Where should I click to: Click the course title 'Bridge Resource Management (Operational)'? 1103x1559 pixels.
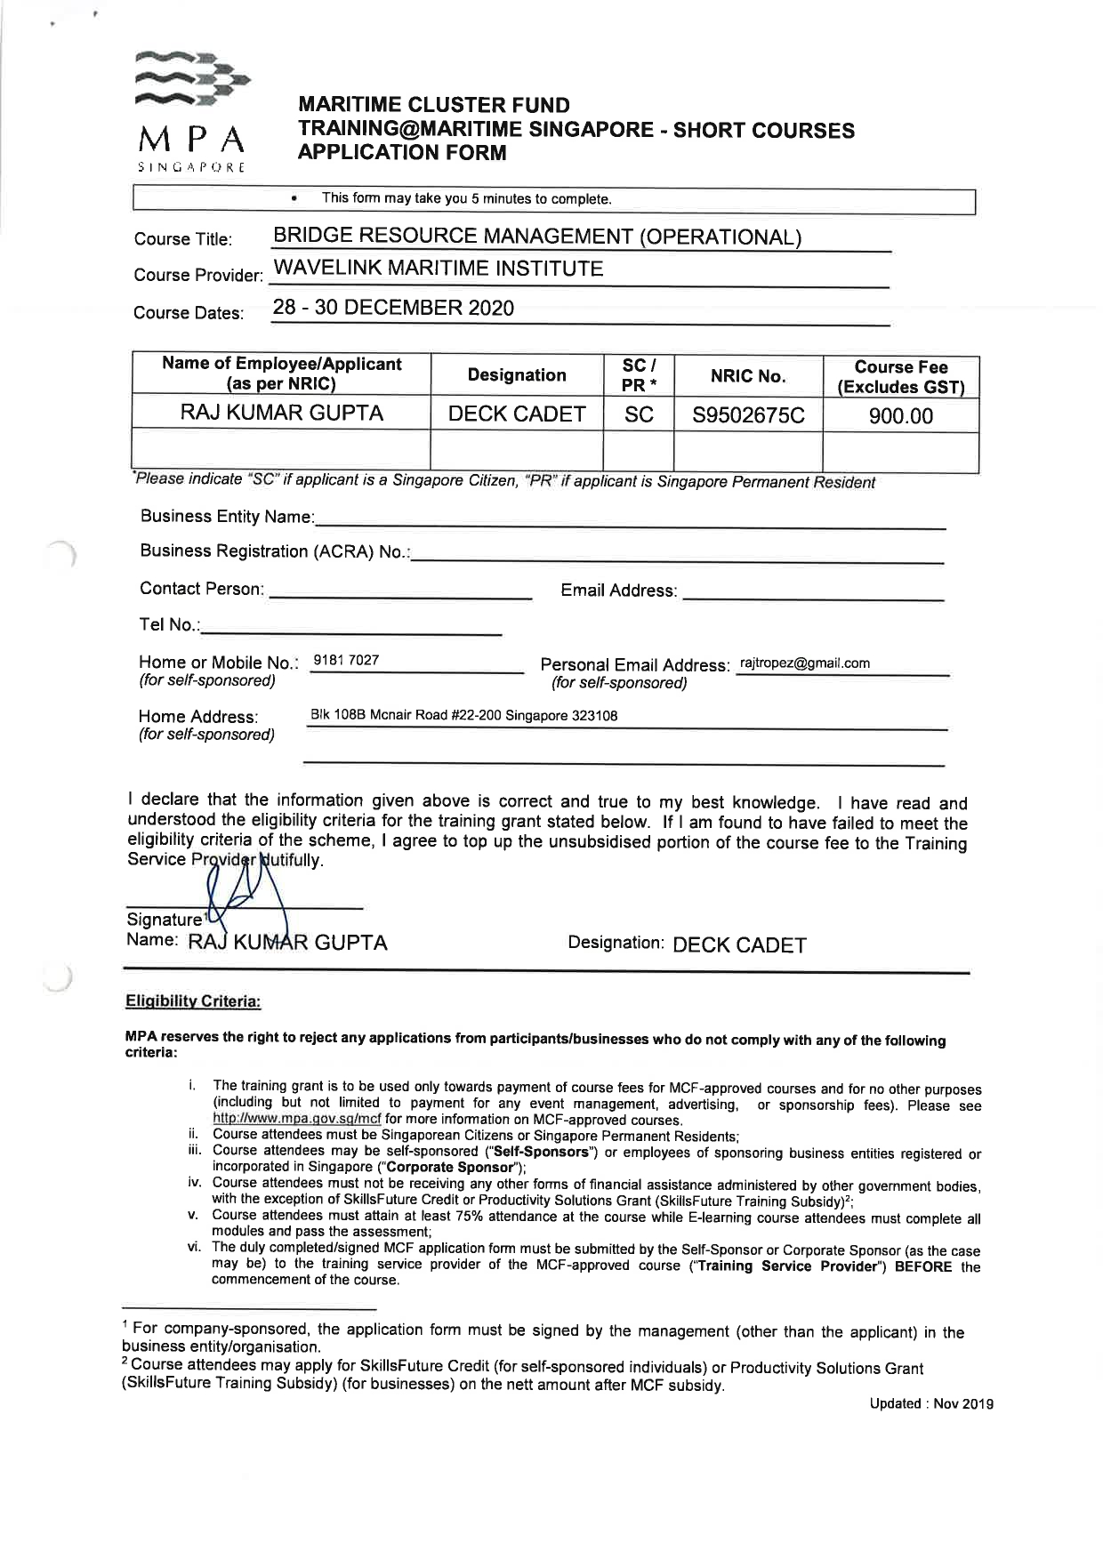[x=536, y=237]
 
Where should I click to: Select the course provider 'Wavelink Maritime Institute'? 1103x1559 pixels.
[x=438, y=269]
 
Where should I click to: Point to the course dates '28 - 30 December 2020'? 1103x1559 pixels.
[x=393, y=308]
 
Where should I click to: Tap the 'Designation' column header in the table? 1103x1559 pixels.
[x=517, y=375]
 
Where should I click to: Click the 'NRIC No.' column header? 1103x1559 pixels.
[x=747, y=376]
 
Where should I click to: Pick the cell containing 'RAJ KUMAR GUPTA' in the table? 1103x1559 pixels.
[x=282, y=414]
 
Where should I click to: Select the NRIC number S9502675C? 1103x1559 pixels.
[x=748, y=415]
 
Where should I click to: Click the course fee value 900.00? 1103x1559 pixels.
[x=900, y=415]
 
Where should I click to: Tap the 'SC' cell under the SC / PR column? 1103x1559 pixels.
[x=639, y=414]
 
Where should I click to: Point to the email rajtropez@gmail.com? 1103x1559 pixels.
[x=804, y=663]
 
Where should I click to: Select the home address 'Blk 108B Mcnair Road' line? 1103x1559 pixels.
[x=463, y=715]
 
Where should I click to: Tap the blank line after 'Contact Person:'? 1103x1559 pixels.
[x=400, y=591]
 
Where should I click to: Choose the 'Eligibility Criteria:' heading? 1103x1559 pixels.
[x=193, y=1001]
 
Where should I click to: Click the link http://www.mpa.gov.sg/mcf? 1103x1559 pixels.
[x=296, y=1120]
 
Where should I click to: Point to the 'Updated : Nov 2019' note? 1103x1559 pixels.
[x=930, y=1403]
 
